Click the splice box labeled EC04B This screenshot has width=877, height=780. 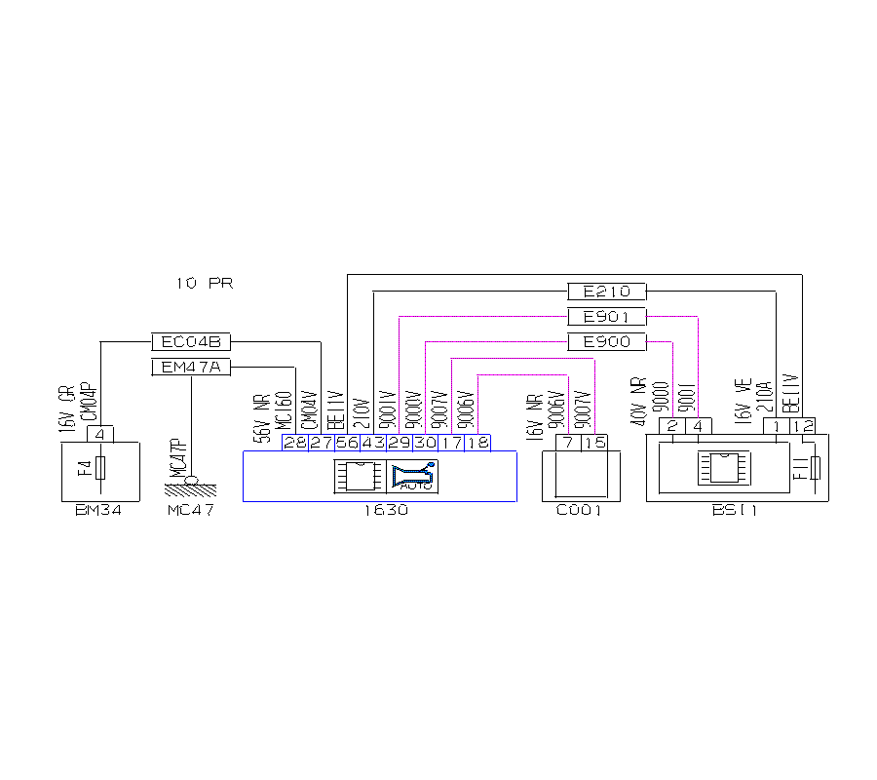click(x=191, y=342)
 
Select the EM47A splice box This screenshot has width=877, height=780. click(x=191, y=367)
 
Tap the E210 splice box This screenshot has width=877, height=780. click(x=606, y=291)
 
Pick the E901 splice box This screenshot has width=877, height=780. click(x=606, y=317)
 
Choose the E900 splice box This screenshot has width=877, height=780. click(x=606, y=342)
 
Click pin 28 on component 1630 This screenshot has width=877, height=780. click(x=294, y=443)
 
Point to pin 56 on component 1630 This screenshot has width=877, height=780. click(x=347, y=443)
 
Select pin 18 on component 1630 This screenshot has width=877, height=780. click(x=477, y=443)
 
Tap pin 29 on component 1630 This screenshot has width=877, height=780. click(x=399, y=443)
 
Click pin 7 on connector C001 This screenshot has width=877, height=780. click(x=567, y=443)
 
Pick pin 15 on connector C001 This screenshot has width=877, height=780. click(x=593, y=443)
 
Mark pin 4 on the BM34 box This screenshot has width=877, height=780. click(x=100, y=434)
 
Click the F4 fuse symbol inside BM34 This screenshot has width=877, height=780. click(x=100, y=469)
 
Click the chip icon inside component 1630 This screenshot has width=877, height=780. click(x=359, y=475)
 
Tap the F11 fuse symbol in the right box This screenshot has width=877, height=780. click(x=816, y=469)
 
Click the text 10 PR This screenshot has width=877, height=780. click(x=204, y=284)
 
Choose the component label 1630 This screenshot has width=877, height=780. click(x=380, y=511)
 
